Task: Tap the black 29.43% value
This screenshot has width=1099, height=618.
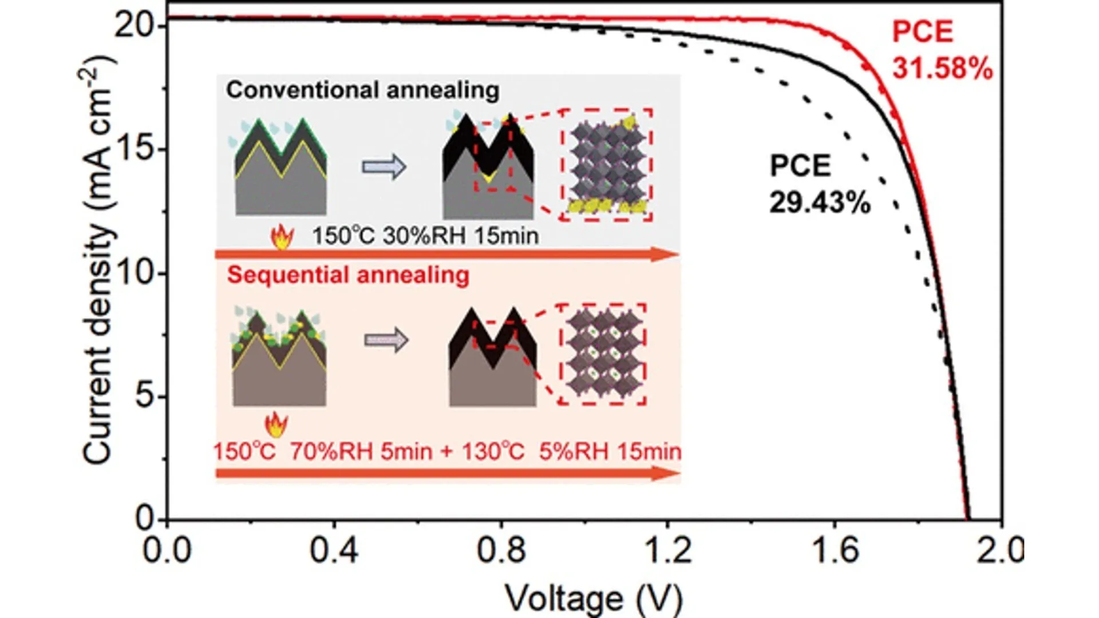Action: [x=820, y=203]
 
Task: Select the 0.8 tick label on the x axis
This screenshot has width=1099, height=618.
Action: [x=501, y=550]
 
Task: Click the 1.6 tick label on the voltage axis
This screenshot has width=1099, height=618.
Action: [x=835, y=550]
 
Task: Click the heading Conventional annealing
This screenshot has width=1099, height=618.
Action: [x=362, y=90]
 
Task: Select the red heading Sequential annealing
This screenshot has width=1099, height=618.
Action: [x=348, y=275]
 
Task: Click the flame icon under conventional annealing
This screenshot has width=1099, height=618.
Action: [x=282, y=236]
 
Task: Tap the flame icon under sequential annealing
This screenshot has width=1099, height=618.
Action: [x=276, y=425]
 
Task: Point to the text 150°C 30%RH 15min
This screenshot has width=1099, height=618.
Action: [x=425, y=236]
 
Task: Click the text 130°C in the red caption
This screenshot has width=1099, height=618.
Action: [x=493, y=451]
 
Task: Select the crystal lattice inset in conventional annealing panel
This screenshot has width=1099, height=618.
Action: [x=607, y=165]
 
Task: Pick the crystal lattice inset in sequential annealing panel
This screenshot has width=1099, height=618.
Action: [x=602, y=354]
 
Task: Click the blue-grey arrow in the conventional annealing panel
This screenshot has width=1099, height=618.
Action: [x=384, y=167]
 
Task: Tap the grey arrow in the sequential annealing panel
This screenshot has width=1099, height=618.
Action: [x=386, y=340]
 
